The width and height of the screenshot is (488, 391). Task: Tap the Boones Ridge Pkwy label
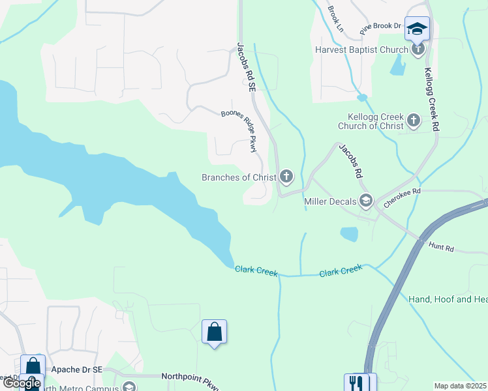[239, 129]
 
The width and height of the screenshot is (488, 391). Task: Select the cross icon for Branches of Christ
[286, 177]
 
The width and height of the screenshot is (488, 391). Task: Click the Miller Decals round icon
[365, 201]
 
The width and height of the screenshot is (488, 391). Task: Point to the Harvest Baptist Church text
[361, 49]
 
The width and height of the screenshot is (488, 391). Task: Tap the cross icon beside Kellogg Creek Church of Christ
[413, 121]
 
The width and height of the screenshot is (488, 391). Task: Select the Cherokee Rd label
[403, 198]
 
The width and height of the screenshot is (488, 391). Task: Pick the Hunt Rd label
[441, 246]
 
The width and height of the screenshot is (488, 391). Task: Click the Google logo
[22, 383]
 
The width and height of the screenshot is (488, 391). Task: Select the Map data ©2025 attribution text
[460, 386]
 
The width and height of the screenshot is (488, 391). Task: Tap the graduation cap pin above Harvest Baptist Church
[417, 29]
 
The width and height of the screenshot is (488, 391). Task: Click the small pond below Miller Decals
[349, 234]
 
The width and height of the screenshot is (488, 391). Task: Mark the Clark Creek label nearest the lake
[256, 270]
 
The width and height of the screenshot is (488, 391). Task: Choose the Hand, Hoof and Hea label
[448, 299]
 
